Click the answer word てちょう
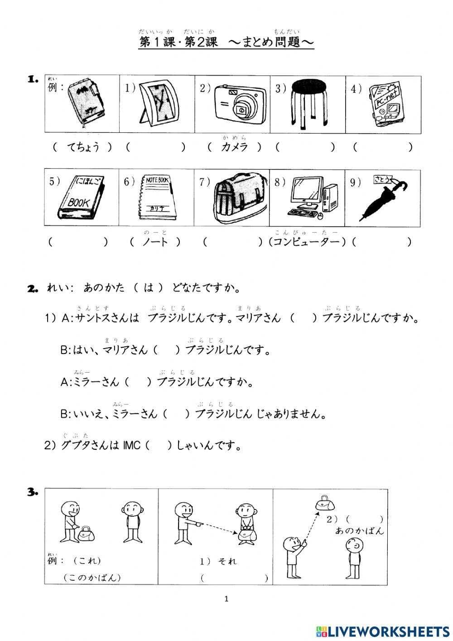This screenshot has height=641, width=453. click(83, 147)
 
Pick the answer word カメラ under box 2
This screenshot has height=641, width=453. click(234, 147)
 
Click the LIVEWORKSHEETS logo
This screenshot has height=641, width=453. click(382, 631)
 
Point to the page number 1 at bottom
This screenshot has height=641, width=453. click(226, 599)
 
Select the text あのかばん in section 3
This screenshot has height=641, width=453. click(359, 531)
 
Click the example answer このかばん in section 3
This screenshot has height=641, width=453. click(92, 578)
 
